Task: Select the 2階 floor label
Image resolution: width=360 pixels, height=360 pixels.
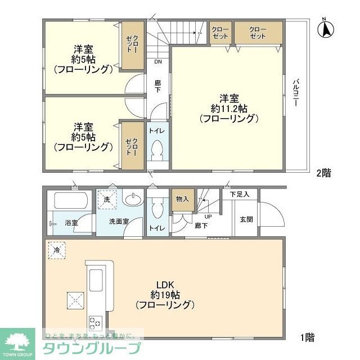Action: click(323, 173)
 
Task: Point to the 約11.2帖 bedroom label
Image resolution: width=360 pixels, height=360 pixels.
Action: click(228, 107)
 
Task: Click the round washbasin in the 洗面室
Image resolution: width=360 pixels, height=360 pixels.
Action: click(132, 200)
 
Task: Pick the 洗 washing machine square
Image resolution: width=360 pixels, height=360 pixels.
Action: click(106, 199)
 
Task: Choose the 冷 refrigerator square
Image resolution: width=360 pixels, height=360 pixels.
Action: click(57, 250)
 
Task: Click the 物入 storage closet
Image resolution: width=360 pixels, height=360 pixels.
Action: click(182, 199)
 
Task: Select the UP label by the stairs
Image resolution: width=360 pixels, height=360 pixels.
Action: click(208, 216)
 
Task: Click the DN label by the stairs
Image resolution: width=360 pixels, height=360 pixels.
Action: click(157, 62)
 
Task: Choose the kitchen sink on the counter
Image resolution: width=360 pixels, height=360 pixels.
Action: click(94, 279)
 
